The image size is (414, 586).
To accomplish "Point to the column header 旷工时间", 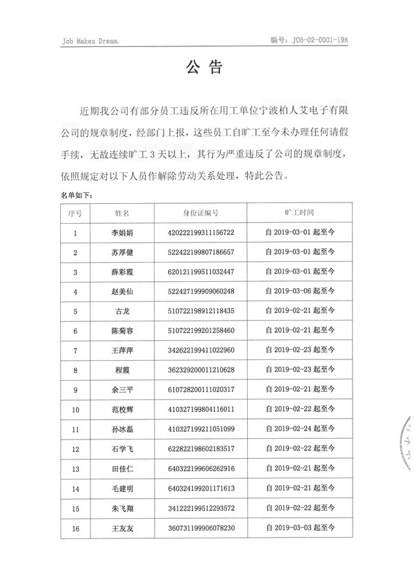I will tap(299, 214).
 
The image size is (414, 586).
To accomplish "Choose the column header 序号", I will tap(75, 214).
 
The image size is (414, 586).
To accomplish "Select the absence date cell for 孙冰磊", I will tap(299, 428).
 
